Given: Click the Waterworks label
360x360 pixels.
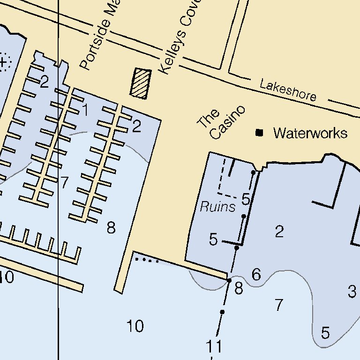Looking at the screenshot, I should pyautogui.click(x=310, y=133).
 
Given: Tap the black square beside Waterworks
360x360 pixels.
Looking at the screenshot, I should pyautogui.click(x=259, y=133).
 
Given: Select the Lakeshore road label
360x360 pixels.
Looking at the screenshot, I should pyautogui.click(x=288, y=90).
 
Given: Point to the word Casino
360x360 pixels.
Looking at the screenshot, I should pyautogui.click(x=228, y=122).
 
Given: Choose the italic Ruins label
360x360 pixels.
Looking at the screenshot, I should pyautogui.click(x=217, y=207).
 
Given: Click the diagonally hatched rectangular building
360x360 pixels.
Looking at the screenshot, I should pyautogui.click(x=141, y=83).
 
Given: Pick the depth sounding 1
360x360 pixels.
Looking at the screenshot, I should pyautogui.click(x=85, y=111).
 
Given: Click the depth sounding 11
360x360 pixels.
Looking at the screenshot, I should pyautogui.click(x=214, y=347).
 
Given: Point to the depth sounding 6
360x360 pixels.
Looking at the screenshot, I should pyautogui.click(x=256, y=275).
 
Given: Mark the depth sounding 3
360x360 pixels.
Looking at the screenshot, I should pyautogui.click(x=352, y=292).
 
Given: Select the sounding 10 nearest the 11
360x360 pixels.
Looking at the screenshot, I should pyautogui.click(x=135, y=326).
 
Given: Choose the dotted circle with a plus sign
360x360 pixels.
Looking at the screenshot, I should pyautogui.click(x=4, y=61).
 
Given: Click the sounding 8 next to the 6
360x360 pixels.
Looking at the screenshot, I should pyautogui.click(x=239, y=288).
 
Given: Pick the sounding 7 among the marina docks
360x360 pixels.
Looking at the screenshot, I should pyautogui.click(x=65, y=182).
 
